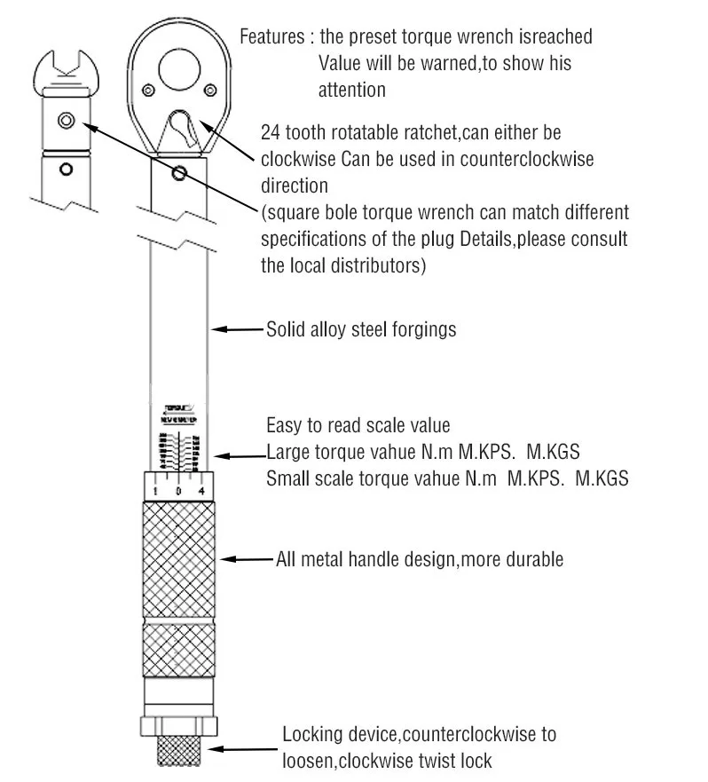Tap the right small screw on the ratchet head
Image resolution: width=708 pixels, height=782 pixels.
209,89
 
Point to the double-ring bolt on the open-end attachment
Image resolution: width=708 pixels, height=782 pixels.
65,120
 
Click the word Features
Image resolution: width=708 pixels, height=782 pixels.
271,38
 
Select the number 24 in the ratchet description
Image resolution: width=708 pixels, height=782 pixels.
270,132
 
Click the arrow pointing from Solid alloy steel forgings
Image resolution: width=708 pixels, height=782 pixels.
238,329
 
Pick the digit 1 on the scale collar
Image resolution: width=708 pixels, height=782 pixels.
156,491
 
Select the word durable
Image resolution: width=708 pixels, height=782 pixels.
532,559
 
